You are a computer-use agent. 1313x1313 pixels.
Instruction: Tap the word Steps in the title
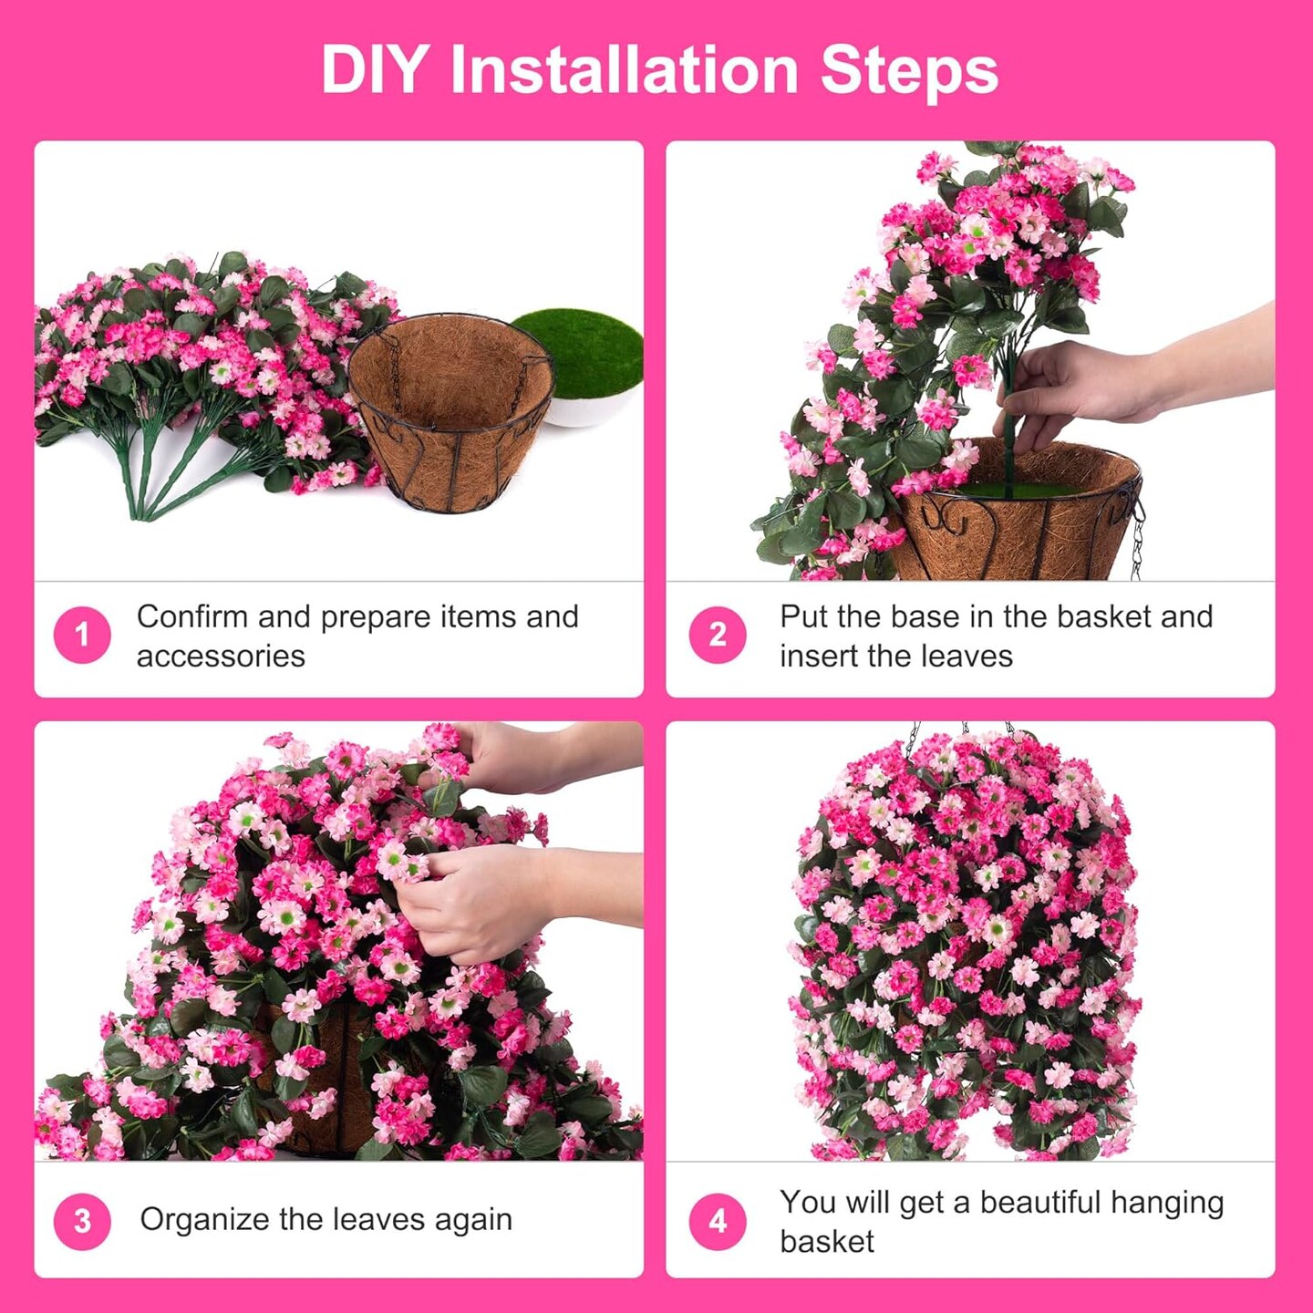pos(910,71)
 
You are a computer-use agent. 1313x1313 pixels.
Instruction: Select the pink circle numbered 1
pos(82,635)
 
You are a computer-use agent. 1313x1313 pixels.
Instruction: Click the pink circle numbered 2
pos(718,635)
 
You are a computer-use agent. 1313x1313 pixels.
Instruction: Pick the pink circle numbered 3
pos(82,1222)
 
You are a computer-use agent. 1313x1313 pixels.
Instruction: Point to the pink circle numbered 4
pos(718,1222)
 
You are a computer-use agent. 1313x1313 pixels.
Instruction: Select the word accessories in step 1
pos(221,656)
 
